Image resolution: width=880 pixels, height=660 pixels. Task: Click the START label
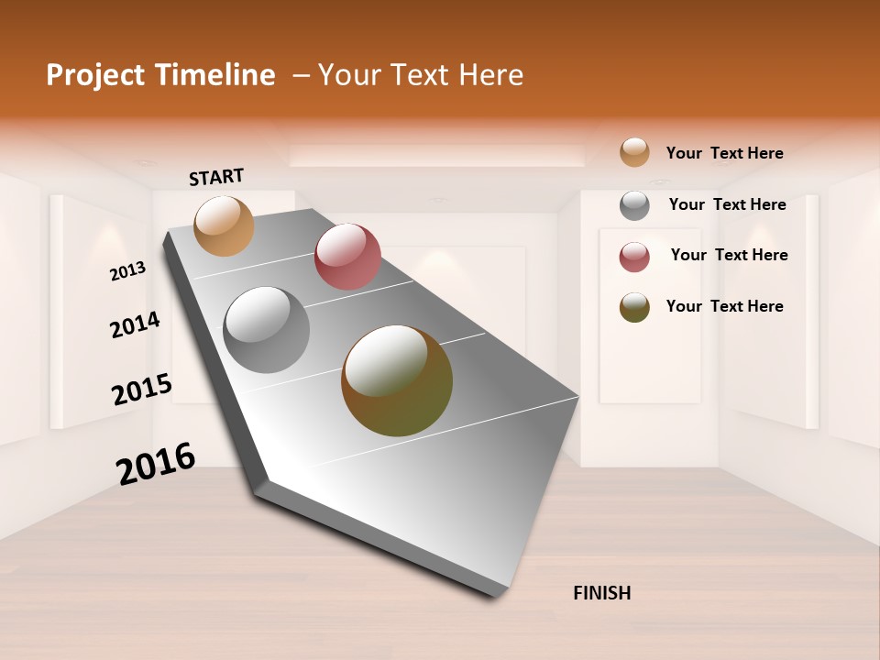pos(216,177)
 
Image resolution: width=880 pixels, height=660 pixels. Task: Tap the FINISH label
pos(602,593)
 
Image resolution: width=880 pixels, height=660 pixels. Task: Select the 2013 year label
pos(128,270)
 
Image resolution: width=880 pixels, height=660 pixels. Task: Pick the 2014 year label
pos(136,324)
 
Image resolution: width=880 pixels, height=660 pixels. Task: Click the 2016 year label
pos(156,463)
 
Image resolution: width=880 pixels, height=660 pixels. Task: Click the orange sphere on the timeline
pos(224,225)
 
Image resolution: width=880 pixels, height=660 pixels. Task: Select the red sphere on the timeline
pos(347,256)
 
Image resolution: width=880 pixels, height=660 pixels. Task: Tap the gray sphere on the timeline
pos(267,330)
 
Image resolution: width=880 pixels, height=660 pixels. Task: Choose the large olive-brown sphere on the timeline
pos(397,380)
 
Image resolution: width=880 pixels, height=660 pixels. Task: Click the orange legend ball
pos(634,152)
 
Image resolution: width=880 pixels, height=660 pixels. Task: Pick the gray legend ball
pos(634,205)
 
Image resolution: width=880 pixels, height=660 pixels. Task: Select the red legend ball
pos(634,257)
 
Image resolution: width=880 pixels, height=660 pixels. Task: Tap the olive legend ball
pos(634,307)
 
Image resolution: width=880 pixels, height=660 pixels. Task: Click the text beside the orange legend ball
pos(724,153)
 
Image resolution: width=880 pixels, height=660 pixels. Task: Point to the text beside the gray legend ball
pos(727,204)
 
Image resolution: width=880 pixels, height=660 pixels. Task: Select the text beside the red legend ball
pos(729,255)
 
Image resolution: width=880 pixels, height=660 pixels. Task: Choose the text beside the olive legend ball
pos(724,306)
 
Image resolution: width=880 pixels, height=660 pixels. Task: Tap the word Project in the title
pos(94,75)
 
